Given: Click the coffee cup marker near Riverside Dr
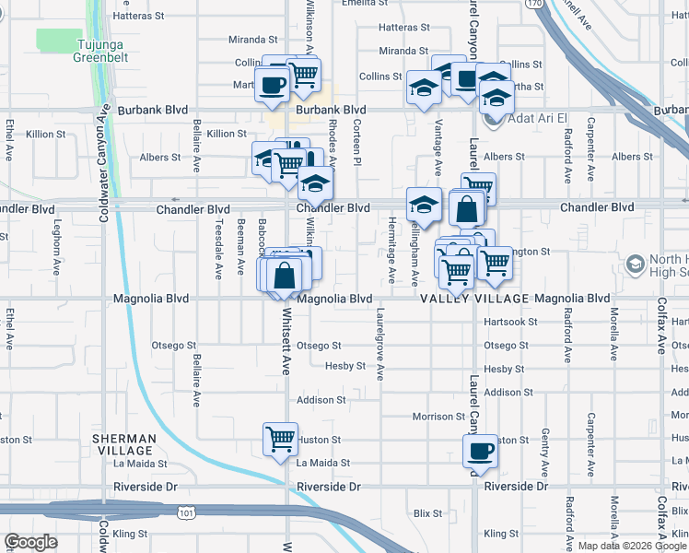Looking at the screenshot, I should click(480, 452).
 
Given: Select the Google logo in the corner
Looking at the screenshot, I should click(30, 542).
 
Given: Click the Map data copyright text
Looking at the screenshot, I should click(632, 546).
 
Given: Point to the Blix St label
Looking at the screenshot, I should click(428, 512).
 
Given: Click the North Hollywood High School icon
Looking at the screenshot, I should click(634, 265).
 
